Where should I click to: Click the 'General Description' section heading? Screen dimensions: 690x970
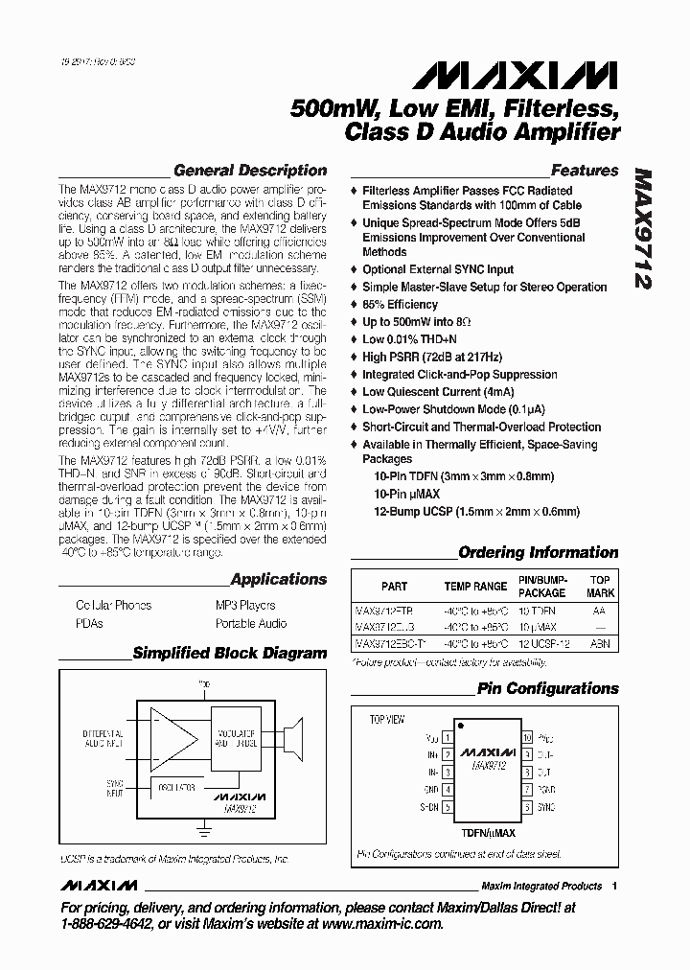(249, 171)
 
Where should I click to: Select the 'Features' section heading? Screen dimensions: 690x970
(585, 171)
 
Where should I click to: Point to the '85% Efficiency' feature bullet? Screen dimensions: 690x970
(400, 305)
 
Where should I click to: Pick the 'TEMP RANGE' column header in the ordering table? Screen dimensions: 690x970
(475, 587)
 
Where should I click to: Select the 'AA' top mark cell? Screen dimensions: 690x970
(599, 610)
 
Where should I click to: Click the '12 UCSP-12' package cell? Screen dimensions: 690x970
(543, 645)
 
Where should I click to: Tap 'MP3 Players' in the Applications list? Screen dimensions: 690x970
(245, 606)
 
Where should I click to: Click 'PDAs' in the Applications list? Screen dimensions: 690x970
(89, 624)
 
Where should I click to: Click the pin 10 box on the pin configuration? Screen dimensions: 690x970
(527, 738)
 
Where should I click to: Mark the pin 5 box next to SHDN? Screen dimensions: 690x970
(447, 808)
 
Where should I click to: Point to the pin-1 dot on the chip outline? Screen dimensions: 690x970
(460, 726)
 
